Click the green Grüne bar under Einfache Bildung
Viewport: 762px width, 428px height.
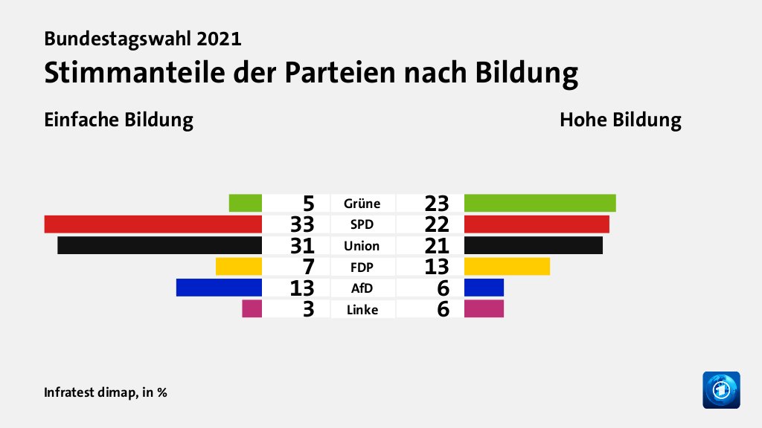[x=245, y=203]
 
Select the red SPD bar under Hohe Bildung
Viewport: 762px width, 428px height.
[x=537, y=224]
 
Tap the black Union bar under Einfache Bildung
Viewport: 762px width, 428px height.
[x=159, y=245]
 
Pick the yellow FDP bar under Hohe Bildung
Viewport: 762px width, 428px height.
[x=507, y=266]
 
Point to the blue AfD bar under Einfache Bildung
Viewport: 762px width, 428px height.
[x=219, y=288]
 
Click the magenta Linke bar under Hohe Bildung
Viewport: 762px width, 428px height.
[x=484, y=308]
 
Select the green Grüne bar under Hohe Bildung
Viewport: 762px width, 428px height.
[x=540, y=203]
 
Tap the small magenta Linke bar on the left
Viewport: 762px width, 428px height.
[x=252, y=308]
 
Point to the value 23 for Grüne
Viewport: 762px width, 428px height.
[x=437, y=203]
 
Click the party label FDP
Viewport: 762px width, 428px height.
[x=362, y=267]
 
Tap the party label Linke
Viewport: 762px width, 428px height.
[x=362, y=309]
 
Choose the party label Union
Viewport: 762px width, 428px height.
[x=362, y=246]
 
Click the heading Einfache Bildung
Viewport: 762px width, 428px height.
[x=118, y=120]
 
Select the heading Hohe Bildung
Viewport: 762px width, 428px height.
[x=621, y=120]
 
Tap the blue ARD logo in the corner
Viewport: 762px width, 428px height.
[x=721, y=389]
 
